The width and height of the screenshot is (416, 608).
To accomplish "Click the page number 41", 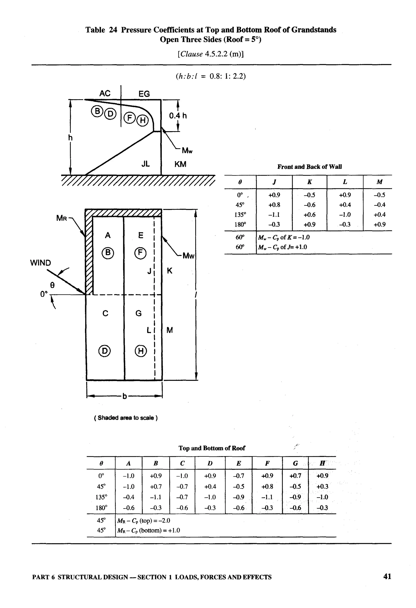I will [387, 576].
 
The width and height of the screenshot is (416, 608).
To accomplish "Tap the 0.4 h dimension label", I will [178, 116].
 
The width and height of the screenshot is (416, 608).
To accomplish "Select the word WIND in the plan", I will [41, 263].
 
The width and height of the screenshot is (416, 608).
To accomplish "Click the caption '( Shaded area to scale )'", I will [126, 418].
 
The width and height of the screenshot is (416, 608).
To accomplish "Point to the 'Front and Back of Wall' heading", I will [309, 167].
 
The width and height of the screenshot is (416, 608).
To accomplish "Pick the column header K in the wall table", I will [309, 182].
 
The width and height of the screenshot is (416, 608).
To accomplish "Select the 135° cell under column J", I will [274, 215].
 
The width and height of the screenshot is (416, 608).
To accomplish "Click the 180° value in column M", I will [379, 224].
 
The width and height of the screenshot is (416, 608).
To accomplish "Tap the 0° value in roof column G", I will [295, 476].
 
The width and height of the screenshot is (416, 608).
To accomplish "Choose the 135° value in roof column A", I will [129, 497].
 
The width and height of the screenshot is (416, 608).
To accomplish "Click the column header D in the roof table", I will [210, 463].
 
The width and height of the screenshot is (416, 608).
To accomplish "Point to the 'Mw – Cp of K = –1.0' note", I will [284, 237].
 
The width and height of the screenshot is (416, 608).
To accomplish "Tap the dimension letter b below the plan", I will [125, 396].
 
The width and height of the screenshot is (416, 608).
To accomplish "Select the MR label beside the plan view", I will [62, 218].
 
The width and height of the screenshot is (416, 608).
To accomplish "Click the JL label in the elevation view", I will [146, 164].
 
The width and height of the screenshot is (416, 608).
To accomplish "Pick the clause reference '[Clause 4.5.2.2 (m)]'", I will [210, 54].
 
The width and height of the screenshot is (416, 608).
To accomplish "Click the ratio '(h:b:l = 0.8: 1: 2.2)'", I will [210, 76].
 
